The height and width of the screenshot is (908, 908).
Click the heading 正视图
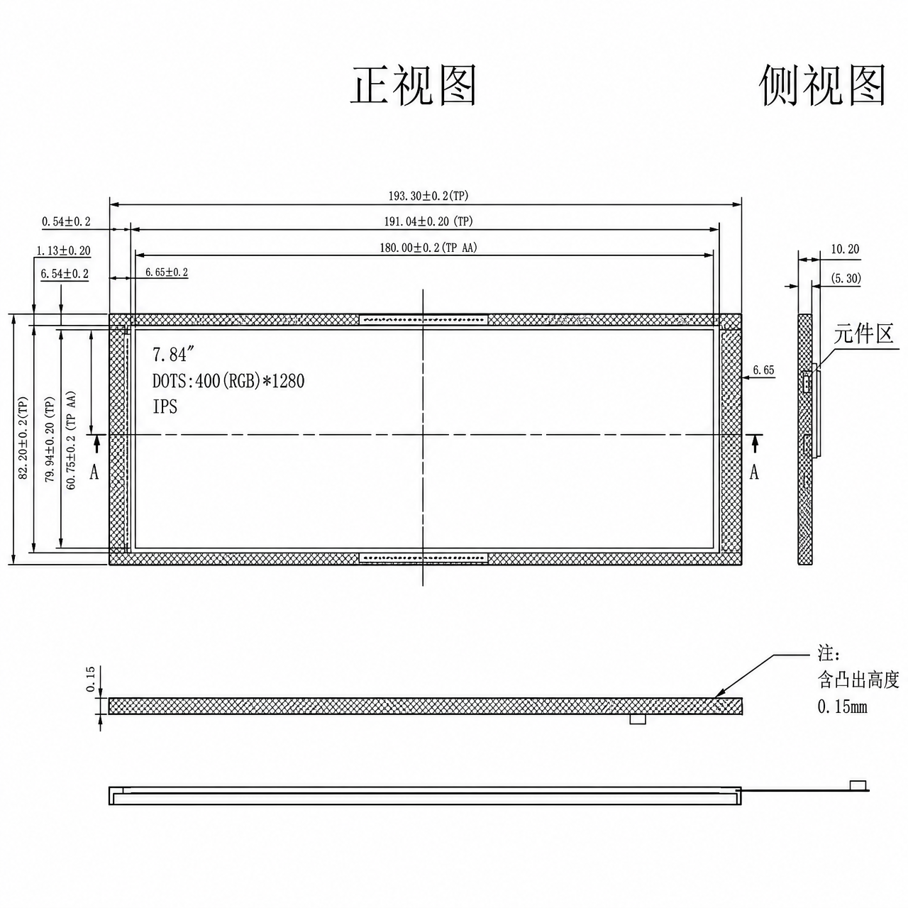414,85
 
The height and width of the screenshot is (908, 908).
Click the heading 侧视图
822,85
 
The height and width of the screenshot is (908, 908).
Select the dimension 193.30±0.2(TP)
428,196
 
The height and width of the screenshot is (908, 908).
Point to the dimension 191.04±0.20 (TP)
428,221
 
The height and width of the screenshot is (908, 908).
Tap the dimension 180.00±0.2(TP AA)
428,248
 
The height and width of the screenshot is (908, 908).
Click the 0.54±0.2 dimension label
66,221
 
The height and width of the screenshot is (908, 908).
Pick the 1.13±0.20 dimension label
64,250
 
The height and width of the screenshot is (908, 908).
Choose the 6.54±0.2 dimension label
65,274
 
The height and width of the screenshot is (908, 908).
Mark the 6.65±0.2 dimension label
166,272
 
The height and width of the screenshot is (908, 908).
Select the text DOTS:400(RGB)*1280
228,381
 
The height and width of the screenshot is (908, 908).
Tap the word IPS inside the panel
165,406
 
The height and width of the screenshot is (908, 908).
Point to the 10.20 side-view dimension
845,249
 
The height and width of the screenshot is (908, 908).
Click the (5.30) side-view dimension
846,279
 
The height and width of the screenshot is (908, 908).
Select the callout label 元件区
863,334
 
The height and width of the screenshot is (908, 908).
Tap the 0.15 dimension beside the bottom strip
91,679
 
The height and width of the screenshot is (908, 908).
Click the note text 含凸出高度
858,680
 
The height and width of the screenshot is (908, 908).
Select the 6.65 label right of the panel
763,370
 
